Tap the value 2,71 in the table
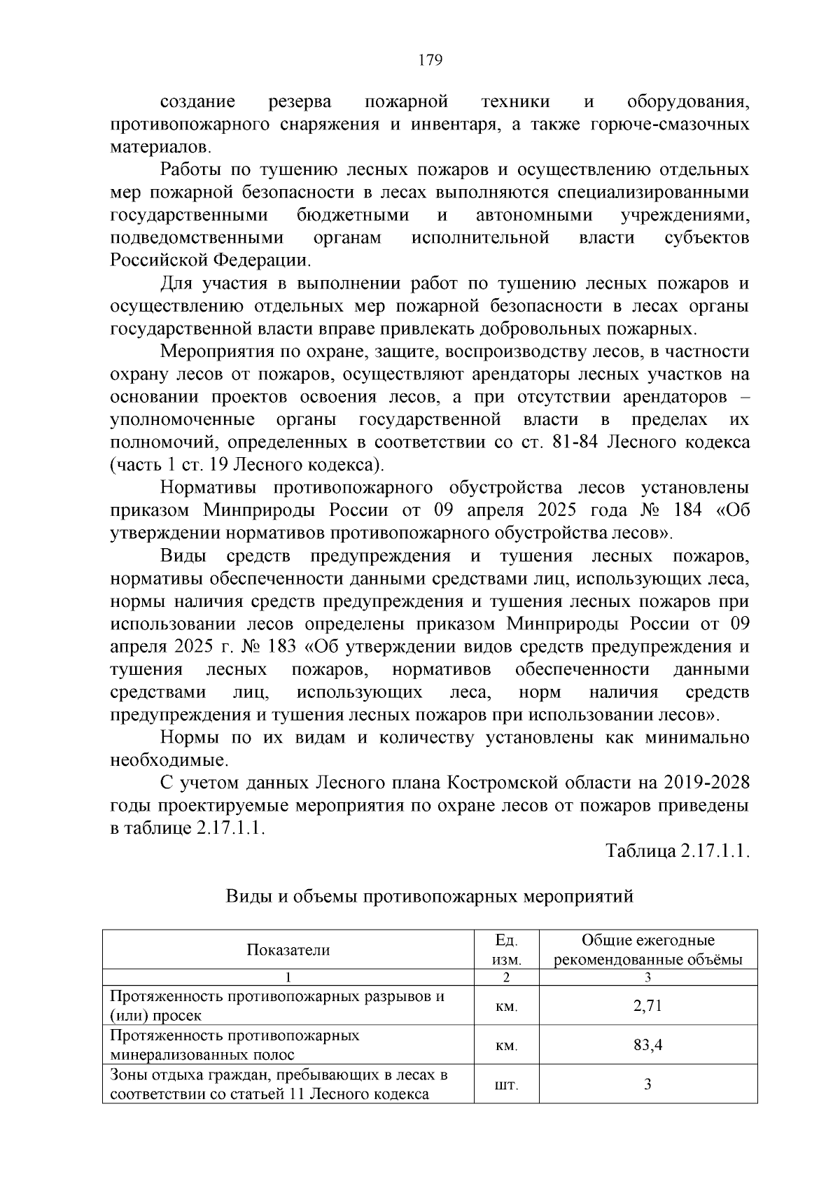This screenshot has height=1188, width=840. [647, 1006]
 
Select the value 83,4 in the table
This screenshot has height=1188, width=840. [647, 1045]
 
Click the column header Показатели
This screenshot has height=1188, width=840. [288, 950]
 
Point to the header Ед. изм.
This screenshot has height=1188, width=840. [506, 950]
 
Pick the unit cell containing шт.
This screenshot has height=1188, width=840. [506, 1084]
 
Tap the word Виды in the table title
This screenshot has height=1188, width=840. [246, 896]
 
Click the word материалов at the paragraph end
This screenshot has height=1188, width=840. [159, 148]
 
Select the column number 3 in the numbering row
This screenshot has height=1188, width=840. [647, 977]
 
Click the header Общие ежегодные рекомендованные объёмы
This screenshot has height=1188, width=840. [647, 950]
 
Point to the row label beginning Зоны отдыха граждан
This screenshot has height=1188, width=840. [279, 1084]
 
